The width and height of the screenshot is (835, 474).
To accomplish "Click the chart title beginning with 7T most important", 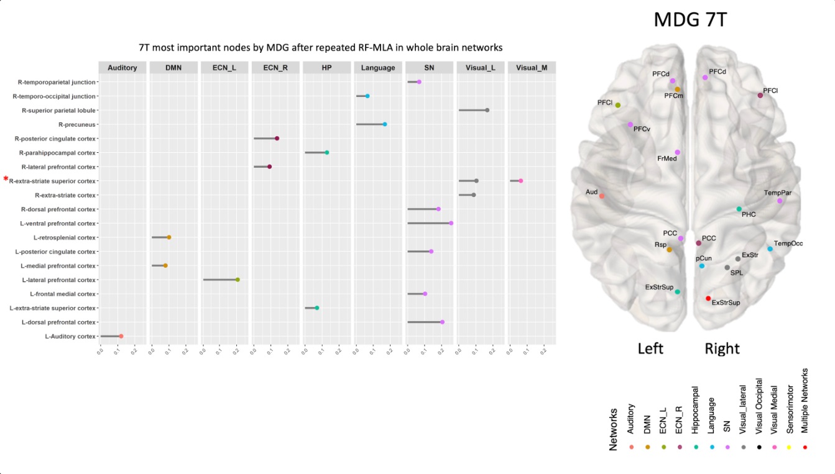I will pyautogui.click(x=320, y=47).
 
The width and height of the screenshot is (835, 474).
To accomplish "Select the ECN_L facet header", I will pyautogui.click(x=224, y=68).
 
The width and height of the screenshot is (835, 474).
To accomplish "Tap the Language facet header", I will pyautogui.click(x=378, y=68).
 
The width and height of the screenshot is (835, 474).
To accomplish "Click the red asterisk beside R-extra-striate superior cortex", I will pyautogui.click(x=6, y=180).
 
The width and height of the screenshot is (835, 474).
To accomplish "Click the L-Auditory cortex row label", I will pyautogui.click(x=70, y=336).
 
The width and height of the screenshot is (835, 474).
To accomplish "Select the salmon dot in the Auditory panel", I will pyautogui.click(x=121, y=336).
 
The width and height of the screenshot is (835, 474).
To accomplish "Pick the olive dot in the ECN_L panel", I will pyautogui.click(x=238, y=280).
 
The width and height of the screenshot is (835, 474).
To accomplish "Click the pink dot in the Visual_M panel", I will pyautogui.click(x=520, y=181).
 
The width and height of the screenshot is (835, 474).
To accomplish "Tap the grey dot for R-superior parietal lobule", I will pyautogui.click(x=487, y=110).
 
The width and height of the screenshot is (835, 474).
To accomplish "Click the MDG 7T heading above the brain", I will pyautogui.click(x=690, y=21).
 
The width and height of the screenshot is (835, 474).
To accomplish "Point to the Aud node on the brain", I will pyautogui.click(x=602, y=196).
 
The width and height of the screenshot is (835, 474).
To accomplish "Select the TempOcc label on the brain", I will pyautogui.click(x=788, y=244).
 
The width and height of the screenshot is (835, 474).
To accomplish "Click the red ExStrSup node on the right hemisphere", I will pyautogui.click(x=708, y=299).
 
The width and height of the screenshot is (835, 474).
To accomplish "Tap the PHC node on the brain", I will pyautogui.click(x=739, y=209).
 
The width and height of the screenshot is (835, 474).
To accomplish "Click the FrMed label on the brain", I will pyautogui.click(x=667, y=158).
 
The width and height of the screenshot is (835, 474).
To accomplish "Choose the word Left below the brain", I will pyautogui.click(x=650, y=349).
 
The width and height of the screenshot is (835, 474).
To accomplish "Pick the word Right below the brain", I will pyautogui.click(x=722, y=349).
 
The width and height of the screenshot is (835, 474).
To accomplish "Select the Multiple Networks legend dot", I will pyautogui.click(x=805, y=447).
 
